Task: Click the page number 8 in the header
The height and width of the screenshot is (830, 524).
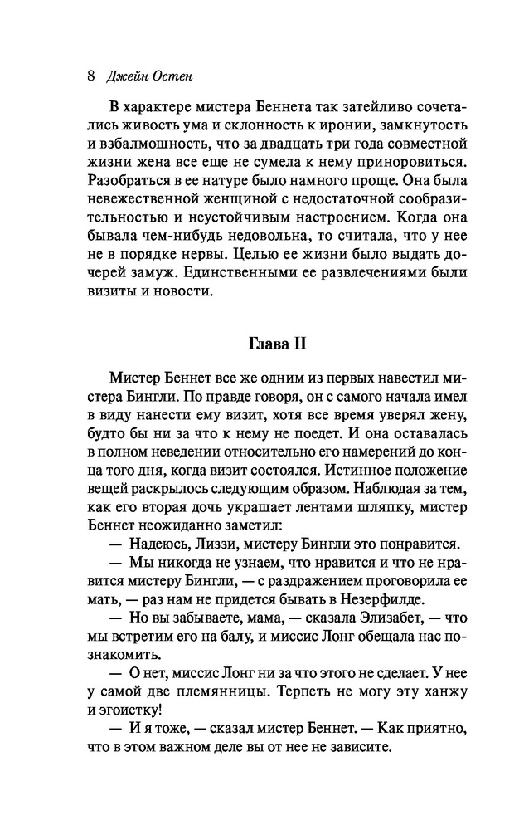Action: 90,76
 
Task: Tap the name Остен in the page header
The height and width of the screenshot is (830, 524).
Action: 168,76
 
